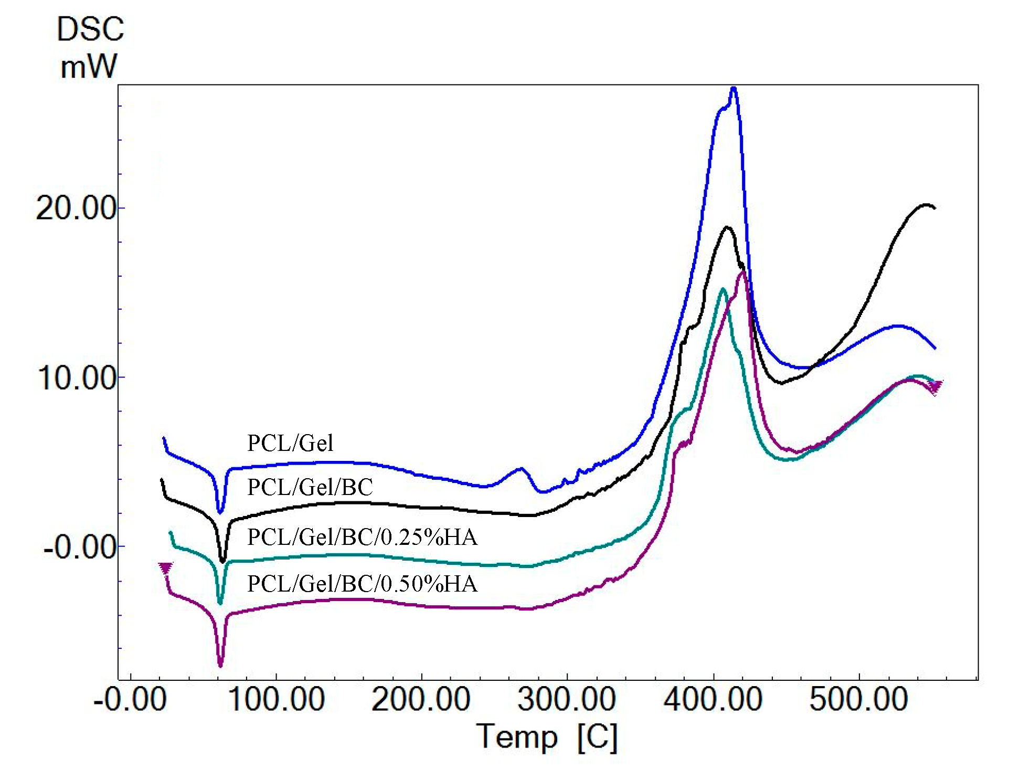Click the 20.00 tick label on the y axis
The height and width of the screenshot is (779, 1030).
pyautogui.click(x=76, y=208)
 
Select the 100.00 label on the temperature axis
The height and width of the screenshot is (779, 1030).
pyautogui.click(x=277, y=700)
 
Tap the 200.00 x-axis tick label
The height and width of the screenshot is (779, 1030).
pyautogui.click(x=421, y=700)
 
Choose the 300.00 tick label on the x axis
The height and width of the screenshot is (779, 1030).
pyautogui.click(x=567, y=700)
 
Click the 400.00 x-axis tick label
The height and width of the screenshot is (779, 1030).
pyautogui.click(x=713, y=700)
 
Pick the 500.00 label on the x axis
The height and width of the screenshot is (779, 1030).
pyautogui.click(x=858, y=700)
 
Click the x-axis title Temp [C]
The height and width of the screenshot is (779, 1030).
pyautogui.click(x=547, y=737)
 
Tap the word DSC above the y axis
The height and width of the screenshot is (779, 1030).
pyautogui.click(x=90, y=29)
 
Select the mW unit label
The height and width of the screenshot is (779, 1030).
pyautogui.click(x=89, y=67)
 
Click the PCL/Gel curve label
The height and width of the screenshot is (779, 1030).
pyautogui.click(x=290, y=444)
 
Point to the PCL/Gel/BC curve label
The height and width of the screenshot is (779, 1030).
pyautogui.click(x=310, y=488)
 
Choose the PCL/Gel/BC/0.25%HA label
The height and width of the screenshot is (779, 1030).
pyautogui.click(x=362, y=538)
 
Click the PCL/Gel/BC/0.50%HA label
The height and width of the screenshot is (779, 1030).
pyautogui.click(x=362, y=584)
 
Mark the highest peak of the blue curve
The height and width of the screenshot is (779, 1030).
pyautogui.click(x=734, y=88)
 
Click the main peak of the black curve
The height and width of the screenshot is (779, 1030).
pyautogui.click(x=727, y=227)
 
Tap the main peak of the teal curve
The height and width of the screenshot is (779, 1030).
pyautogui.click(x=723, y=289)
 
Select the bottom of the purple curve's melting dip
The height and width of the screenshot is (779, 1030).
pyautogui.click(x=220, y=666)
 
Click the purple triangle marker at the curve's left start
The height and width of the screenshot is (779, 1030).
pyautogui.click(x=166, y=568)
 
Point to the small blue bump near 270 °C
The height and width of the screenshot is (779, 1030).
pyautogui.click(x=520, y=469)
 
